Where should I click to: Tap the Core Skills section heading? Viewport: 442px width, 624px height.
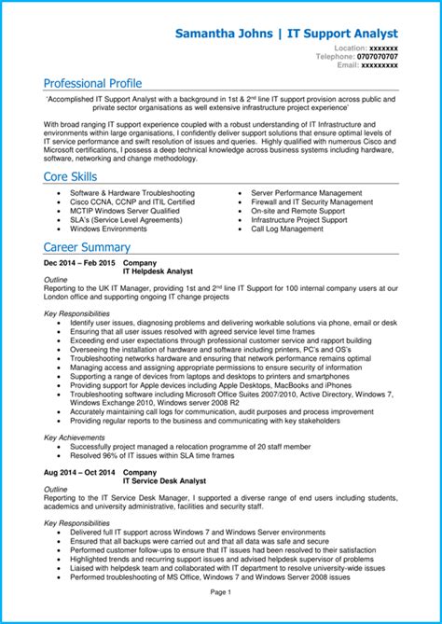tap(71, 176)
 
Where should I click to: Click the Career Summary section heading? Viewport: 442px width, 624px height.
tap(87, 247)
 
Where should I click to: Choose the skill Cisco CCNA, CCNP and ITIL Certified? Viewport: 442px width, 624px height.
tap(131, 201)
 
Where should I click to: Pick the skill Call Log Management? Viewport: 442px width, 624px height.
tap(287, 229)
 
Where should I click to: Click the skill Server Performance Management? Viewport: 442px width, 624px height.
tap(306, 192)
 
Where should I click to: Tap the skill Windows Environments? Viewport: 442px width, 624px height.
tap(108, 229)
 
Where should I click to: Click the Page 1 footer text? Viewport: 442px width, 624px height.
tap(221, 591)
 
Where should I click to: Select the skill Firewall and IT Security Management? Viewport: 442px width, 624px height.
tap(311, 201)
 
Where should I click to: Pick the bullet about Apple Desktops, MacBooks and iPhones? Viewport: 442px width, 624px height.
tap(211, 384)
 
